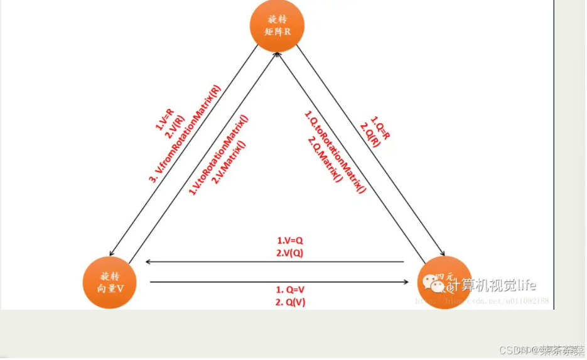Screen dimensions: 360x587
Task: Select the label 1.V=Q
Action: point(290,241)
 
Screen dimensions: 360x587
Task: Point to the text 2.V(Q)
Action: point(290,253)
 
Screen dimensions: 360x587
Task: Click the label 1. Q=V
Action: point(290,290)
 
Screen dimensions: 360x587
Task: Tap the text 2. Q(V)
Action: point(290,302)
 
